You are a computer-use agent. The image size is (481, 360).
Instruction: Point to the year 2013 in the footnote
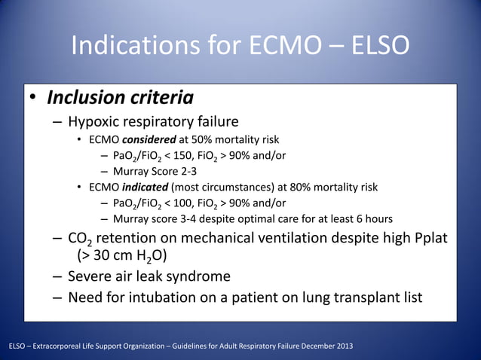342,346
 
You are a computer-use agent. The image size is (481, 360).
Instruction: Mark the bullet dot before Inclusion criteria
33,99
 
